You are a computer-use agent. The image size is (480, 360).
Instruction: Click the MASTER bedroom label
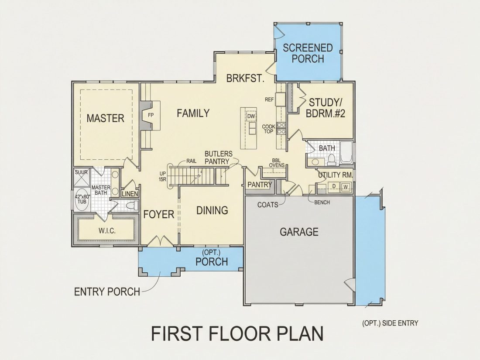click(105, 118)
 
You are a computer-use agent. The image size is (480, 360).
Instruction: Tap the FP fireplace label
click(151, 115)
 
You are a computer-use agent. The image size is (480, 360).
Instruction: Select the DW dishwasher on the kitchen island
click(251, 116)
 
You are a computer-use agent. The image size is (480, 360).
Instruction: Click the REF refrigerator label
click(269, 99)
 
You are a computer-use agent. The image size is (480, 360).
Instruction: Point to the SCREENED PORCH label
click(308, 53)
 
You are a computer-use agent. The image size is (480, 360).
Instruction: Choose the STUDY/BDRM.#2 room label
click(326, 108)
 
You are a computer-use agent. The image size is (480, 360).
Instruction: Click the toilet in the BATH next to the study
click(331, 159)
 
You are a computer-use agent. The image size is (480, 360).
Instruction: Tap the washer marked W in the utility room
click(346, 186)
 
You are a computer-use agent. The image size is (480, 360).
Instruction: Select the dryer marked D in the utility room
click(334, 186)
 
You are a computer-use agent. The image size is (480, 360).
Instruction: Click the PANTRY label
click(260, 185)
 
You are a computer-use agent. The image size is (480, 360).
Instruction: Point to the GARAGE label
click(299, 232)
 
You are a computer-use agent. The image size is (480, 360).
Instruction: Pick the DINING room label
click(212, 210)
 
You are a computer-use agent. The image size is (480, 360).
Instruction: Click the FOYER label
click(158, 214)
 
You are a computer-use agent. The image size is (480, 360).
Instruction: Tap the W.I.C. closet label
click(107, 231)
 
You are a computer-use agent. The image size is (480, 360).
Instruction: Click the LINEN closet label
click(130, 194)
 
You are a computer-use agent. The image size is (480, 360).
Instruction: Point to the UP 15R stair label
click(163, 177)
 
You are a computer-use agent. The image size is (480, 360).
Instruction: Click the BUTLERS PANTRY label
click(218, 158)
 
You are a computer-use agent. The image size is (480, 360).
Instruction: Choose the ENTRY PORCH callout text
click(107, 292)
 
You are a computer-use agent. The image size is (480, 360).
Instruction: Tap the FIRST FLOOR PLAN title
click(237, 334)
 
